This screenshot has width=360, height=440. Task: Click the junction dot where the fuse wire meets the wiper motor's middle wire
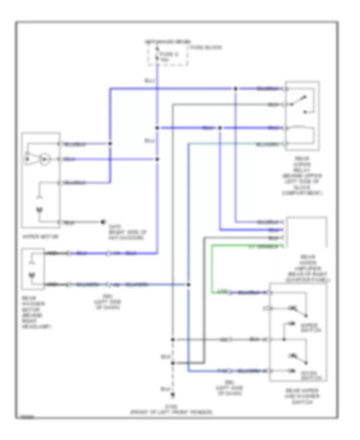click(x=157, y=159)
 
